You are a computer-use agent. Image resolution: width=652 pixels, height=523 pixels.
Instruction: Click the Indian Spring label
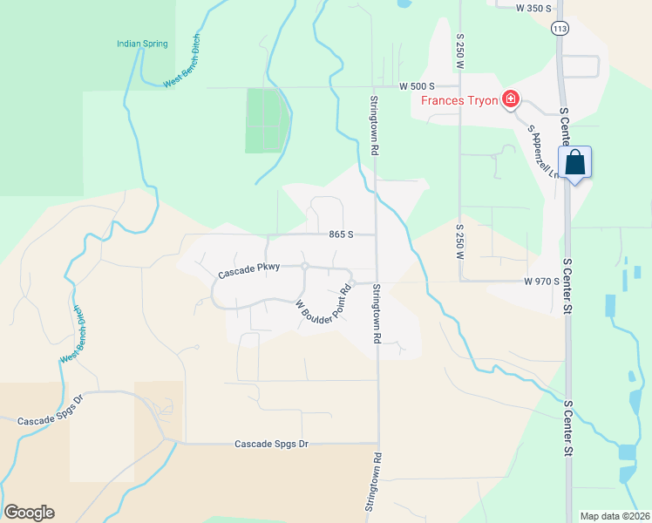pos(143,44)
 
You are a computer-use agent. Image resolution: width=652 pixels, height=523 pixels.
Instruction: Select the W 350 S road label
pos(534,8)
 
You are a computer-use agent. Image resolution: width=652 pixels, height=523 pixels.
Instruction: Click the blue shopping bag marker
pos(575,162)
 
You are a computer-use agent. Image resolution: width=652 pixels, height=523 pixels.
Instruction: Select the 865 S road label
pos(341,234)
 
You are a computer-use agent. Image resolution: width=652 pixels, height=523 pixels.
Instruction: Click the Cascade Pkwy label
pos(248,271)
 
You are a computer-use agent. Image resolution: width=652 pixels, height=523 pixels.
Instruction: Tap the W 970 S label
pos(541,282)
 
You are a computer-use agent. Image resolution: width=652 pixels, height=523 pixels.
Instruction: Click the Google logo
pos(29,513)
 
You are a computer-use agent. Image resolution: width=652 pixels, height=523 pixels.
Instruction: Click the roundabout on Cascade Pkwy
pos(305,266)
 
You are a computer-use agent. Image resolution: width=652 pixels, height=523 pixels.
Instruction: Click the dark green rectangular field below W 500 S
pos(265,120)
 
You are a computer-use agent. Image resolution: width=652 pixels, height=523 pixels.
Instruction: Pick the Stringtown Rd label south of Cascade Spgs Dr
pos(377,482)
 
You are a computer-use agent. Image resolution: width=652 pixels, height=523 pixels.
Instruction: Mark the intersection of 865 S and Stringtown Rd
pos(377,234)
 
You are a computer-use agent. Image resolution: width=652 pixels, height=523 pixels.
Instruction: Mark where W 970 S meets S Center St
pos(567,282)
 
